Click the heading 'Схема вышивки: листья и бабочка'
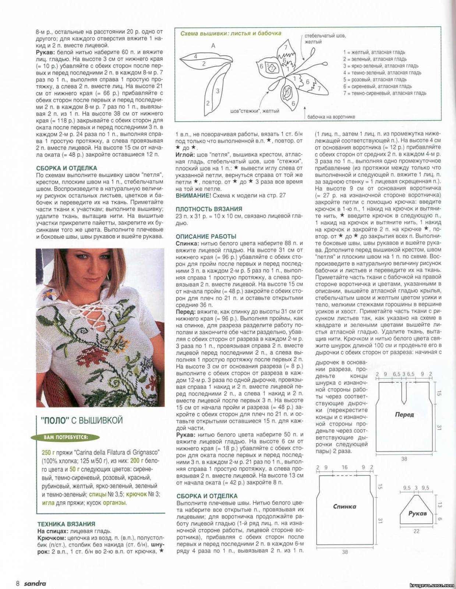[x=231, y=33]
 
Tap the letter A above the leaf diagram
[x=213, y=46]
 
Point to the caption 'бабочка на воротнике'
[x=331, y=117]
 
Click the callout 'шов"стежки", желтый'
[x=255, y=111]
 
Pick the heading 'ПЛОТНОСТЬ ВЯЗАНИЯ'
[x=209, y=209]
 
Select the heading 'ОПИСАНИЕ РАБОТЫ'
[x=206, y=236]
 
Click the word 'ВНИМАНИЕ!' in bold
[x=193, y=195]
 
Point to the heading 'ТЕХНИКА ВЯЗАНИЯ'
[x=66, y=524]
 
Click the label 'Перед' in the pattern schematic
[x=404, y=415]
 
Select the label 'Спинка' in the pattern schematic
[x=344, y=507]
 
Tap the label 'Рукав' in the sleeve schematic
[x=417, y=513]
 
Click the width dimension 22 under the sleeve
[x=416, y=531]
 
